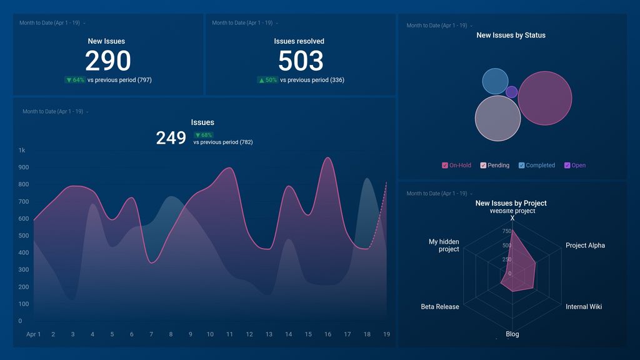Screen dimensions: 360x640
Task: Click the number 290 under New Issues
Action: tap(107, 61)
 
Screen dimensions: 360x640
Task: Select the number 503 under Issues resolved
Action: tap(301, 61)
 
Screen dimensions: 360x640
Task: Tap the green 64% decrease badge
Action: tap(74, 80)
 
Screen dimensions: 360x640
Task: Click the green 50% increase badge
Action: tap(267, 80)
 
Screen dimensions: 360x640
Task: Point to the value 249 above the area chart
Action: tap(171, 138)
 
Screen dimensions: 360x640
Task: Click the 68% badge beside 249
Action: tap(203, 135)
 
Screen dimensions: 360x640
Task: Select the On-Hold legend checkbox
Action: tap(445, 166)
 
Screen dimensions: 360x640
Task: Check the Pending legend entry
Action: tap(484, 166)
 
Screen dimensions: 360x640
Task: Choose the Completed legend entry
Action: tap(522, 166)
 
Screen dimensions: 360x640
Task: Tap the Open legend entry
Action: tap(567, 166)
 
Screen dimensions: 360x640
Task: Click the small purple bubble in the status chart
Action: tap(511, 92)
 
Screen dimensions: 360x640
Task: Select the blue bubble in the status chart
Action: tap(495, 82)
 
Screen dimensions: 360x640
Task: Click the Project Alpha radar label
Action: tap(585, 246)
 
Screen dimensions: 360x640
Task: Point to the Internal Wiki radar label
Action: tap(584, 307)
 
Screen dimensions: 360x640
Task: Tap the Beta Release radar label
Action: tap(440, 307)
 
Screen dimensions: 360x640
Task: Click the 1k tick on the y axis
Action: tap(22, 151)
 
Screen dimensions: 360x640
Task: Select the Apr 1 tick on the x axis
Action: tap(33, 334)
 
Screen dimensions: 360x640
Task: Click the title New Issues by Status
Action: tap(511, 36)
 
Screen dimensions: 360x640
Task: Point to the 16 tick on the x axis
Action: tap(327, 334)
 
